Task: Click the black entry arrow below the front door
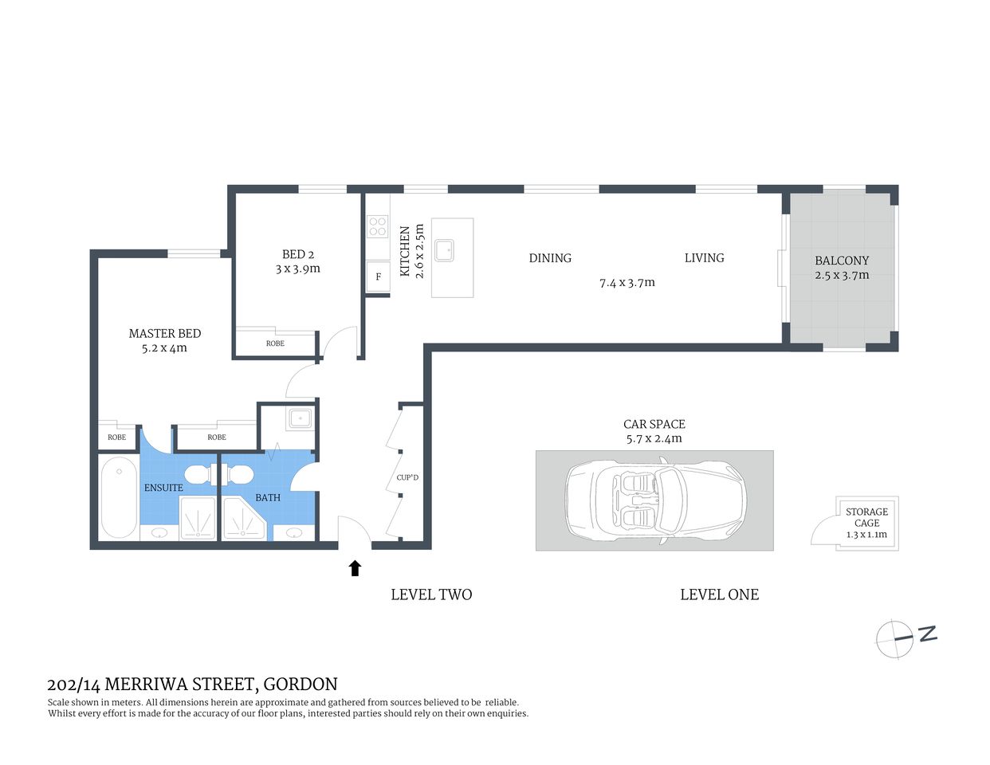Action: tap(356, 567)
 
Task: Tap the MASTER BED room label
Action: tap(165, 333)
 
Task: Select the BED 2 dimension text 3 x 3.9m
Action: tap(297, 269)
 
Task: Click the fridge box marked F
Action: tap(378, 277)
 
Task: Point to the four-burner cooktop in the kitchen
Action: tap(377, 226)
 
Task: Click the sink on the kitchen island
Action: tap(444, 250)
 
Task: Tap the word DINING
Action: tap(550, 258)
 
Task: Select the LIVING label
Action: tap(704, 258)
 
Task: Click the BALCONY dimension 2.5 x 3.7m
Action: tap(842, 276)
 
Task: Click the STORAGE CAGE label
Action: tap(866, 517)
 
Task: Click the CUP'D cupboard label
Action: tap(407, 478)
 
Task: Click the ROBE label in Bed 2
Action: tap(275, 343)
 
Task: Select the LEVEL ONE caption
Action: tap(719, 594)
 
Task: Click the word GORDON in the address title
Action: tap(301, 685)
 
